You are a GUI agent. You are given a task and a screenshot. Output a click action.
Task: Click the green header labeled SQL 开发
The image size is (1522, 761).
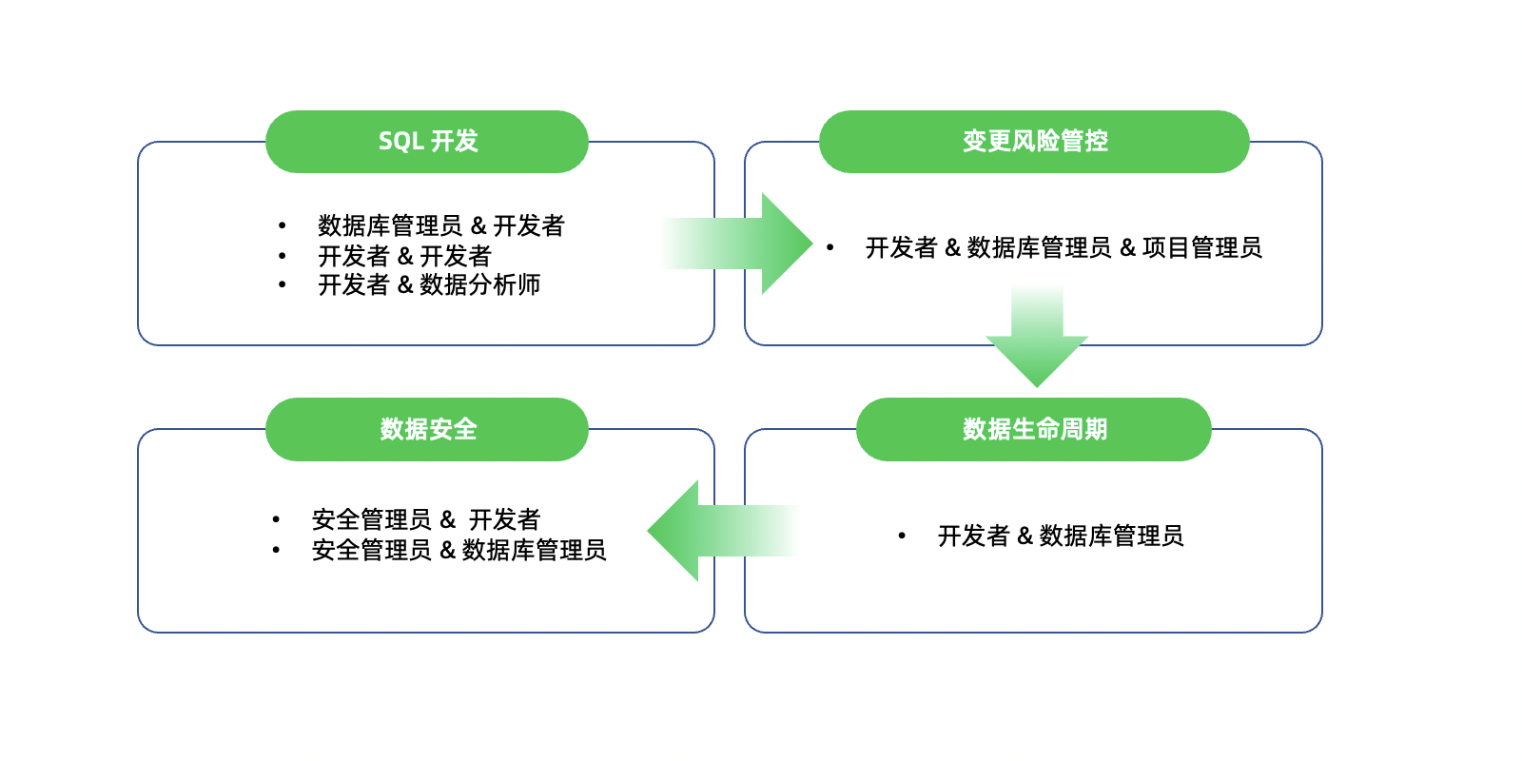(427, 142)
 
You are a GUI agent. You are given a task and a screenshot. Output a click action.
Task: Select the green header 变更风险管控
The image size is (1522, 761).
(1034, 142)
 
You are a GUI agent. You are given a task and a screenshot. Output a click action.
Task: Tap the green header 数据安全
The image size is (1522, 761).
(427, 429)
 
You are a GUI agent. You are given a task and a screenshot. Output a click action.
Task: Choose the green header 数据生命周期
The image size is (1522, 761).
(1034, 429)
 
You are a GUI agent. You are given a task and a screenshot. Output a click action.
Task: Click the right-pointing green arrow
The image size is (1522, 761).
(737, 244)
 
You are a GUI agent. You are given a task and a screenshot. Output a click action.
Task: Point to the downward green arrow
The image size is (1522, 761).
(1037, 337)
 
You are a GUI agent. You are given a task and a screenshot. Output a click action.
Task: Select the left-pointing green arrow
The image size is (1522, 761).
(723, 531)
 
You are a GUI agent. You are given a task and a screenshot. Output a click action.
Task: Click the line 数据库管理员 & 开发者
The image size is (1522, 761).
(441, 225)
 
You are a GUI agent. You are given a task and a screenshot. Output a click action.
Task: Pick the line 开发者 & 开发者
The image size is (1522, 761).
(404, 256)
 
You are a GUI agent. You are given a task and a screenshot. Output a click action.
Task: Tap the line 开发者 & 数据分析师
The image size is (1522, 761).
(429, 284)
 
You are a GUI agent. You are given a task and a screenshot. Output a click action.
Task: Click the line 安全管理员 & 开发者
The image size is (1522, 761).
(426, 519)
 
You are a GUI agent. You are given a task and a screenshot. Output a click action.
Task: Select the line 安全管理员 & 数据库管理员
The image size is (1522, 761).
(459, 551)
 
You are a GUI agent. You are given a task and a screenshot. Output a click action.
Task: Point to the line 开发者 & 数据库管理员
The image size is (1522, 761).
(1061, 537)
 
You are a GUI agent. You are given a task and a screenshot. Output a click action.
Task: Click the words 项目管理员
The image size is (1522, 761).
(1202, 248)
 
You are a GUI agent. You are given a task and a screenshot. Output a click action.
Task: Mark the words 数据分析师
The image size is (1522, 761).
(479, 284)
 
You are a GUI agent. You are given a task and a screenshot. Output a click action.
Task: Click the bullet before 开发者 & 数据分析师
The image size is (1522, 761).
(282, 284)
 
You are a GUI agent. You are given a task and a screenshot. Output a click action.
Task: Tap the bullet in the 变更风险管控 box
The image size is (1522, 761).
(829, 248)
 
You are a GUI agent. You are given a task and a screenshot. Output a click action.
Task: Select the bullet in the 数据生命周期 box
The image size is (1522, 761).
(902, 537)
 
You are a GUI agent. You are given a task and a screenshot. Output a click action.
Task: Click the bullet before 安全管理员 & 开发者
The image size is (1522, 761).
(276, 519)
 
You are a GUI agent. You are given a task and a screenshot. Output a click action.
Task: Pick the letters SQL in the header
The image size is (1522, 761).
(400, 142)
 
